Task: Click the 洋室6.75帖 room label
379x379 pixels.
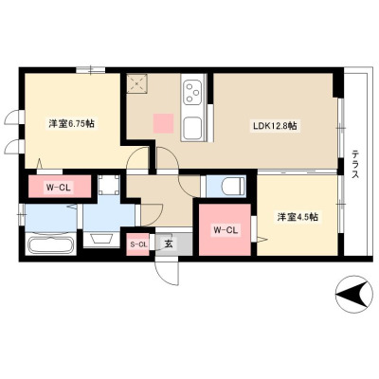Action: (72, 123)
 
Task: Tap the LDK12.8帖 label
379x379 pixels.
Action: (275, 126)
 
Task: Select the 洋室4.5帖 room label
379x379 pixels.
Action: (298, 217)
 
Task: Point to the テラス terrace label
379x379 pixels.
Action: (355, 165)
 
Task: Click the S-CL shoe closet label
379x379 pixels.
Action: (137, 244)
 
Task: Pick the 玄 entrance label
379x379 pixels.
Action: (168, 244)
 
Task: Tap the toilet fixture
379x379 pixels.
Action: (233, 187)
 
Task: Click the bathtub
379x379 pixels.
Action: (50, 244)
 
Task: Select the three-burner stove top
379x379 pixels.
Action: (193, 92)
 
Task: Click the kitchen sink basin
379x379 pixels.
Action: (192, 127)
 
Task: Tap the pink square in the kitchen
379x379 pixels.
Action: (163, 123)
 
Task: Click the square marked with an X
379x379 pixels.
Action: (137, 83)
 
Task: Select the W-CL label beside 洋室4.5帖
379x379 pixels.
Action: (226, 230)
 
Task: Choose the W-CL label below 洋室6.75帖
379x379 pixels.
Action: (59, 188)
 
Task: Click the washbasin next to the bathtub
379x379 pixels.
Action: (101, 239)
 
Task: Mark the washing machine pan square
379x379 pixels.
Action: (109, 185)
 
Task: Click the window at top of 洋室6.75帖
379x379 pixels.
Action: (91, 70)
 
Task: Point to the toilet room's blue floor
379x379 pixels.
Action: (225, 187)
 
